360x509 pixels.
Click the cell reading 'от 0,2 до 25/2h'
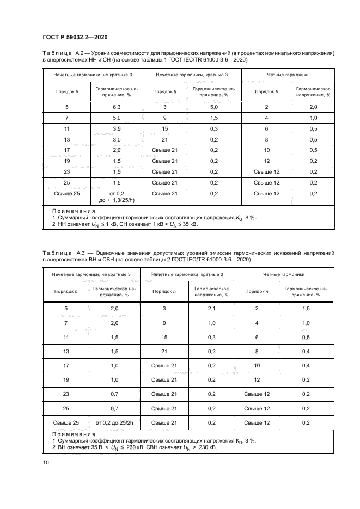pos(115,422)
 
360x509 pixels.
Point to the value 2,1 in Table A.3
pos(212,309)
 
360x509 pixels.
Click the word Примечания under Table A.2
pos(74,210)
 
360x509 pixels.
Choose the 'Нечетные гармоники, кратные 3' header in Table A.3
pos(188,275)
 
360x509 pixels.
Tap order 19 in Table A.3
pos(66,379)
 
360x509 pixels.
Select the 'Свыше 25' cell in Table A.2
pos(66,193)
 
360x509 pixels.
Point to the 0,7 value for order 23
pos(115,394)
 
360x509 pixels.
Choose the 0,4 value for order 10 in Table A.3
pos(306,365)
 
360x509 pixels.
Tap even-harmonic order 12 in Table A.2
pos(266,162)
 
